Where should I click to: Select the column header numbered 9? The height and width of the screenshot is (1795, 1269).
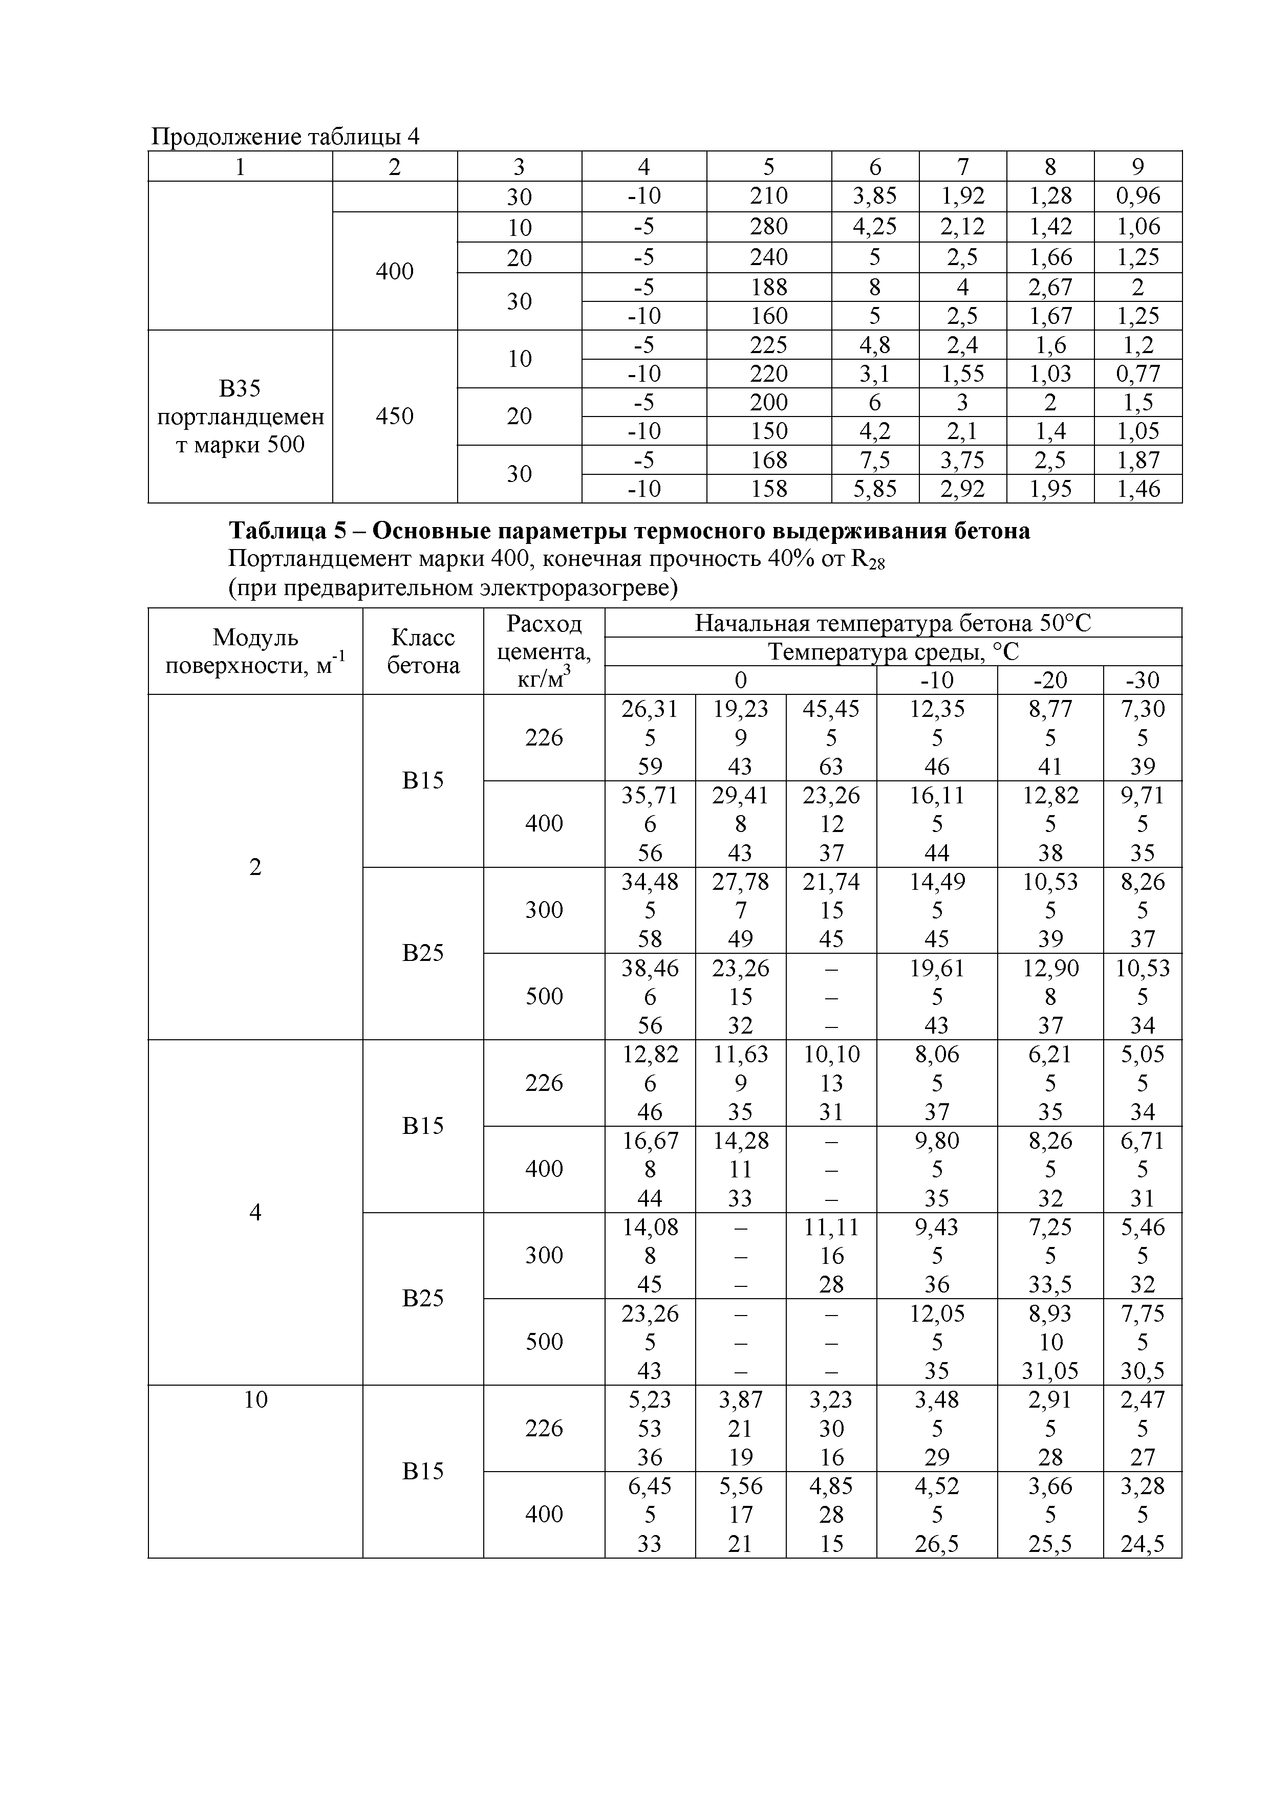pos(1137,166)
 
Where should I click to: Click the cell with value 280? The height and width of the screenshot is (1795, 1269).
pos(768,227)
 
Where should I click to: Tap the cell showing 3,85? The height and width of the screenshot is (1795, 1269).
pos(874,195)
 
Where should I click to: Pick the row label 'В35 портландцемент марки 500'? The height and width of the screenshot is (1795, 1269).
pos(240,416)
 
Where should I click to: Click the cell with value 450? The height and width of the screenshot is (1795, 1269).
pos(394,416)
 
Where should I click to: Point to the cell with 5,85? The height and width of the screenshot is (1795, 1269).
pos(874,489)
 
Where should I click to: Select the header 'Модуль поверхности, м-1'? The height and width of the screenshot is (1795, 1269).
pos(255,651)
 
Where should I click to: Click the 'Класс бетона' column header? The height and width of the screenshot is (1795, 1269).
pos(423,651)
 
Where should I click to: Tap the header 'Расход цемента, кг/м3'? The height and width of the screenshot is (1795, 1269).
pos(544,651)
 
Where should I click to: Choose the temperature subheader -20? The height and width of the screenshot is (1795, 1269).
pos(1049,680)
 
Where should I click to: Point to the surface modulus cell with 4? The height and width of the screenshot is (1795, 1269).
pos(255,1212)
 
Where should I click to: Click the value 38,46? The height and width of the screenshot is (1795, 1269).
pos(650,968)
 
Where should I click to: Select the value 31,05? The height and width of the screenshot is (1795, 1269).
pos(1049,1370)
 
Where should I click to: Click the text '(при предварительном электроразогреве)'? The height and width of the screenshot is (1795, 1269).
pos(453,588)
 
